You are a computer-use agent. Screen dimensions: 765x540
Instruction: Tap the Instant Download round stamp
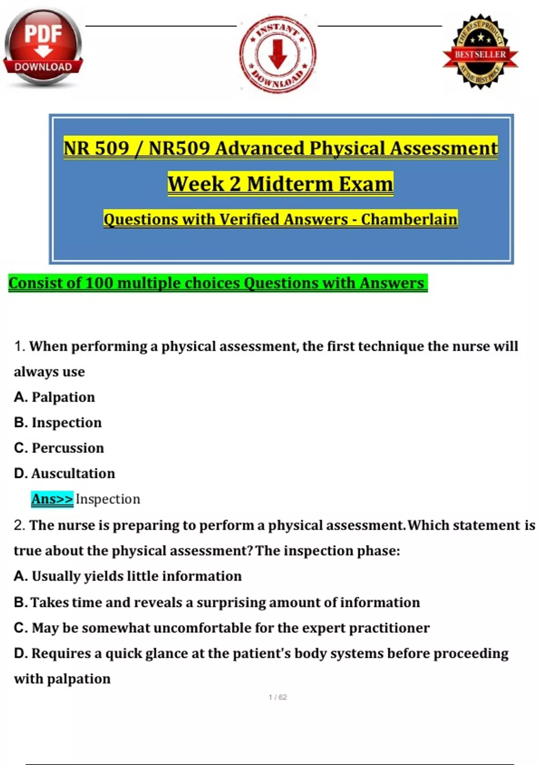(278, 54)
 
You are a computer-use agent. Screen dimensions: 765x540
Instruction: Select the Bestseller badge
(480, 52)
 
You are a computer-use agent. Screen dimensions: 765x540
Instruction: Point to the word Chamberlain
(409, 219)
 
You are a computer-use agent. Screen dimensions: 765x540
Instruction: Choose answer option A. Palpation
(54, 397)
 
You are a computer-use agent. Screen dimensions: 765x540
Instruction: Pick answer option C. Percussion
(59, 448)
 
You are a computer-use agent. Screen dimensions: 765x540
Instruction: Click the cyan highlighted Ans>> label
(52, 499)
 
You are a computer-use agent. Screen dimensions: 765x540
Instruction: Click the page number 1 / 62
(278, 697)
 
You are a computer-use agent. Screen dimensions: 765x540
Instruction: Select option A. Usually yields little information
(128, 576)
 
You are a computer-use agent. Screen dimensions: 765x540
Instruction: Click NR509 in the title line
(179, 148)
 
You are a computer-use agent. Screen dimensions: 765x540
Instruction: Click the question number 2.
(19, 525)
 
